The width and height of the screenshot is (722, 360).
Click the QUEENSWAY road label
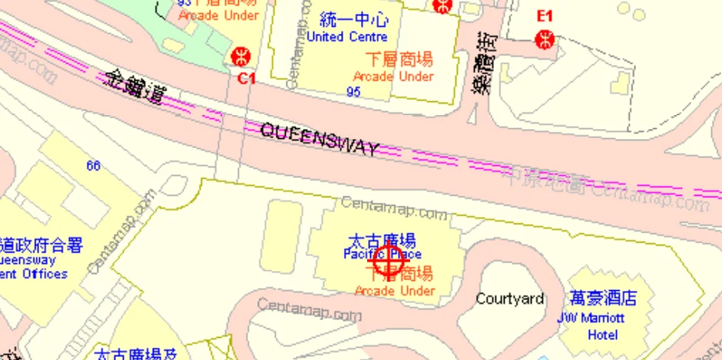(320, 140)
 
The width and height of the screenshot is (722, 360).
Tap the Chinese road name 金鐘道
(137, 85)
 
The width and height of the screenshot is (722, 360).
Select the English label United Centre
(346, 36)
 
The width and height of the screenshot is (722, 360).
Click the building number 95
(353, 92)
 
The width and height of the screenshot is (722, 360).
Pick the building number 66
(94, 166)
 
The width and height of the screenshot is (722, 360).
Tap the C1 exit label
(246, 78)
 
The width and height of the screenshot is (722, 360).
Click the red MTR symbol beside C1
(240, 56)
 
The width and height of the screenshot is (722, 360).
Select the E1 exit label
(545, 15)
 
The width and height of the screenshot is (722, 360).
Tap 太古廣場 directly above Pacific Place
(382, 239)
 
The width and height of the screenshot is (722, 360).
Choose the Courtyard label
(509, 299)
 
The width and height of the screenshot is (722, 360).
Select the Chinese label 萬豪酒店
(603, 299)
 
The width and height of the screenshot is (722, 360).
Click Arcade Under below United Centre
(393, 76)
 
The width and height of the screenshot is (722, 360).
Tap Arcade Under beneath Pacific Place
(395, 290)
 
